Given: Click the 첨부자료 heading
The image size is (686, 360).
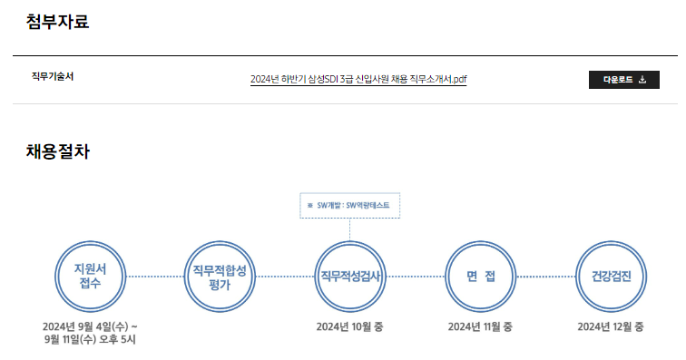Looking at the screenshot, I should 58,21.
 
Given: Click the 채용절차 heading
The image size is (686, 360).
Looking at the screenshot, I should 58,152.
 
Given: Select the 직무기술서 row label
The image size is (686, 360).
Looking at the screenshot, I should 53,76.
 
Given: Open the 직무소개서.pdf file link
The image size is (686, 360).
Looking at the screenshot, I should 358,80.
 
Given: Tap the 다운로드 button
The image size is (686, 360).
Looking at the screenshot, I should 623,80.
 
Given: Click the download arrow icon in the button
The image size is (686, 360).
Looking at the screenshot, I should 642,80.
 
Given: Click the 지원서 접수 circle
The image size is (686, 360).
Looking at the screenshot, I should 90,276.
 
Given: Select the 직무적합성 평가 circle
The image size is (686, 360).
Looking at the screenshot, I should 220,276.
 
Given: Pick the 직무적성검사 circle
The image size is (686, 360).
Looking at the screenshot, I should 349,276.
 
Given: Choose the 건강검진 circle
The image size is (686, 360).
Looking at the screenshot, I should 611,276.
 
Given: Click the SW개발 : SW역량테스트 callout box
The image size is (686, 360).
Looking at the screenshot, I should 349,206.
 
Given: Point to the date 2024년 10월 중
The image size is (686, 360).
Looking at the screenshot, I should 349,326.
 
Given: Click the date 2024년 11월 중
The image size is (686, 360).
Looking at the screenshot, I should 480,326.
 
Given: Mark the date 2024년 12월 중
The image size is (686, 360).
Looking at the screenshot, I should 611,326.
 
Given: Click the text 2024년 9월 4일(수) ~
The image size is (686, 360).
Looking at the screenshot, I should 90,326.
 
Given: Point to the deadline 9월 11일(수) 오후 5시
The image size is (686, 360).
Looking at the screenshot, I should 90,340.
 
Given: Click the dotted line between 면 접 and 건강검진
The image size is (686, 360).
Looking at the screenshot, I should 545,276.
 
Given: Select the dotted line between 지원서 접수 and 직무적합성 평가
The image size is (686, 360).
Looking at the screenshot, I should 155,276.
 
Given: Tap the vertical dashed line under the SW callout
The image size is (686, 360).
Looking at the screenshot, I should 349,229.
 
